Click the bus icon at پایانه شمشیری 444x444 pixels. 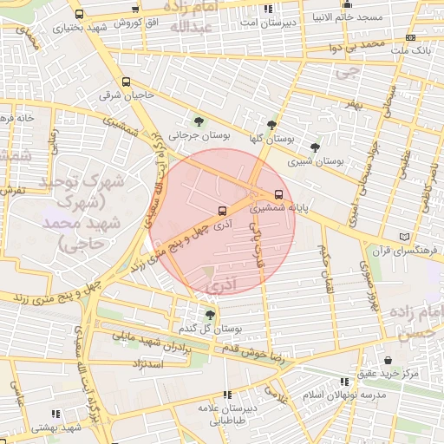tap(278, 194)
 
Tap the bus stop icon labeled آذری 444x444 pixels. tap(223, 210)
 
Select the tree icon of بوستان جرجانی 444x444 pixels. tap(199, 121)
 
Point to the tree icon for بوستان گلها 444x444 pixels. tap(272, 124)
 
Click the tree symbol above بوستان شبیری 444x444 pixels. tap(314, 147)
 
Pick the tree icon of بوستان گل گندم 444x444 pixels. tap(210, 315)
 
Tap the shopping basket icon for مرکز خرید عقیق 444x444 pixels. tap(387, 360)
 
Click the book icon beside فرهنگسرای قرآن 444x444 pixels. tap(403, 237)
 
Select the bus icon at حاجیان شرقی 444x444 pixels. tap(127, 82)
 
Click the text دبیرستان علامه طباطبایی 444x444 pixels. tap(228, 414)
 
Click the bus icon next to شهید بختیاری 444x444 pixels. tap(80, 15)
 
